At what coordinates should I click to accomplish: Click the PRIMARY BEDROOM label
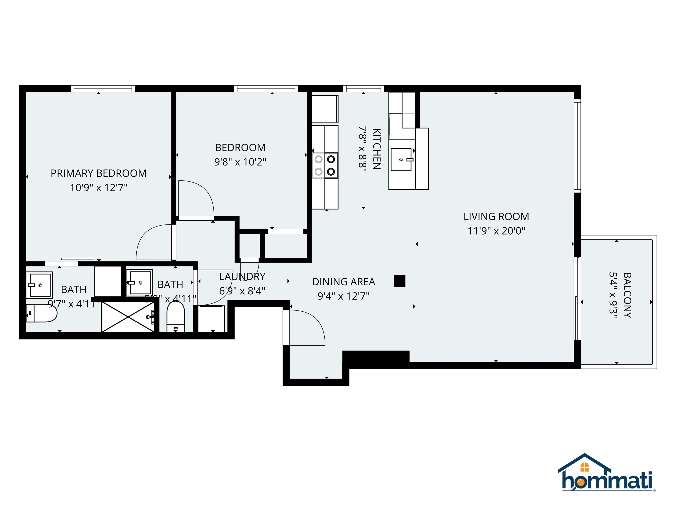click(x=98, y=173)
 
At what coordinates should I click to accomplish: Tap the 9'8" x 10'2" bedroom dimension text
click(x=240, y=162)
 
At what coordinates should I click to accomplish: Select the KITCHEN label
click(x=377, y=149)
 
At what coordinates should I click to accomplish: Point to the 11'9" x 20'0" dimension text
click(x=496, y=231)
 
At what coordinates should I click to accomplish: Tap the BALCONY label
click(x=627, y=295)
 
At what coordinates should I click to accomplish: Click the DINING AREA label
click(x=344, y=282)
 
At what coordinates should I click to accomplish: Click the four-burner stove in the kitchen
click(x=325, y=165)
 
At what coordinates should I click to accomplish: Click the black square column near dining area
click(x=399, y=281)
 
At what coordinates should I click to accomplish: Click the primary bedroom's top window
click(x=103, y=89)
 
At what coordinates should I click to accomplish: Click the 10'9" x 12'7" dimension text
click(x=98, y=187)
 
